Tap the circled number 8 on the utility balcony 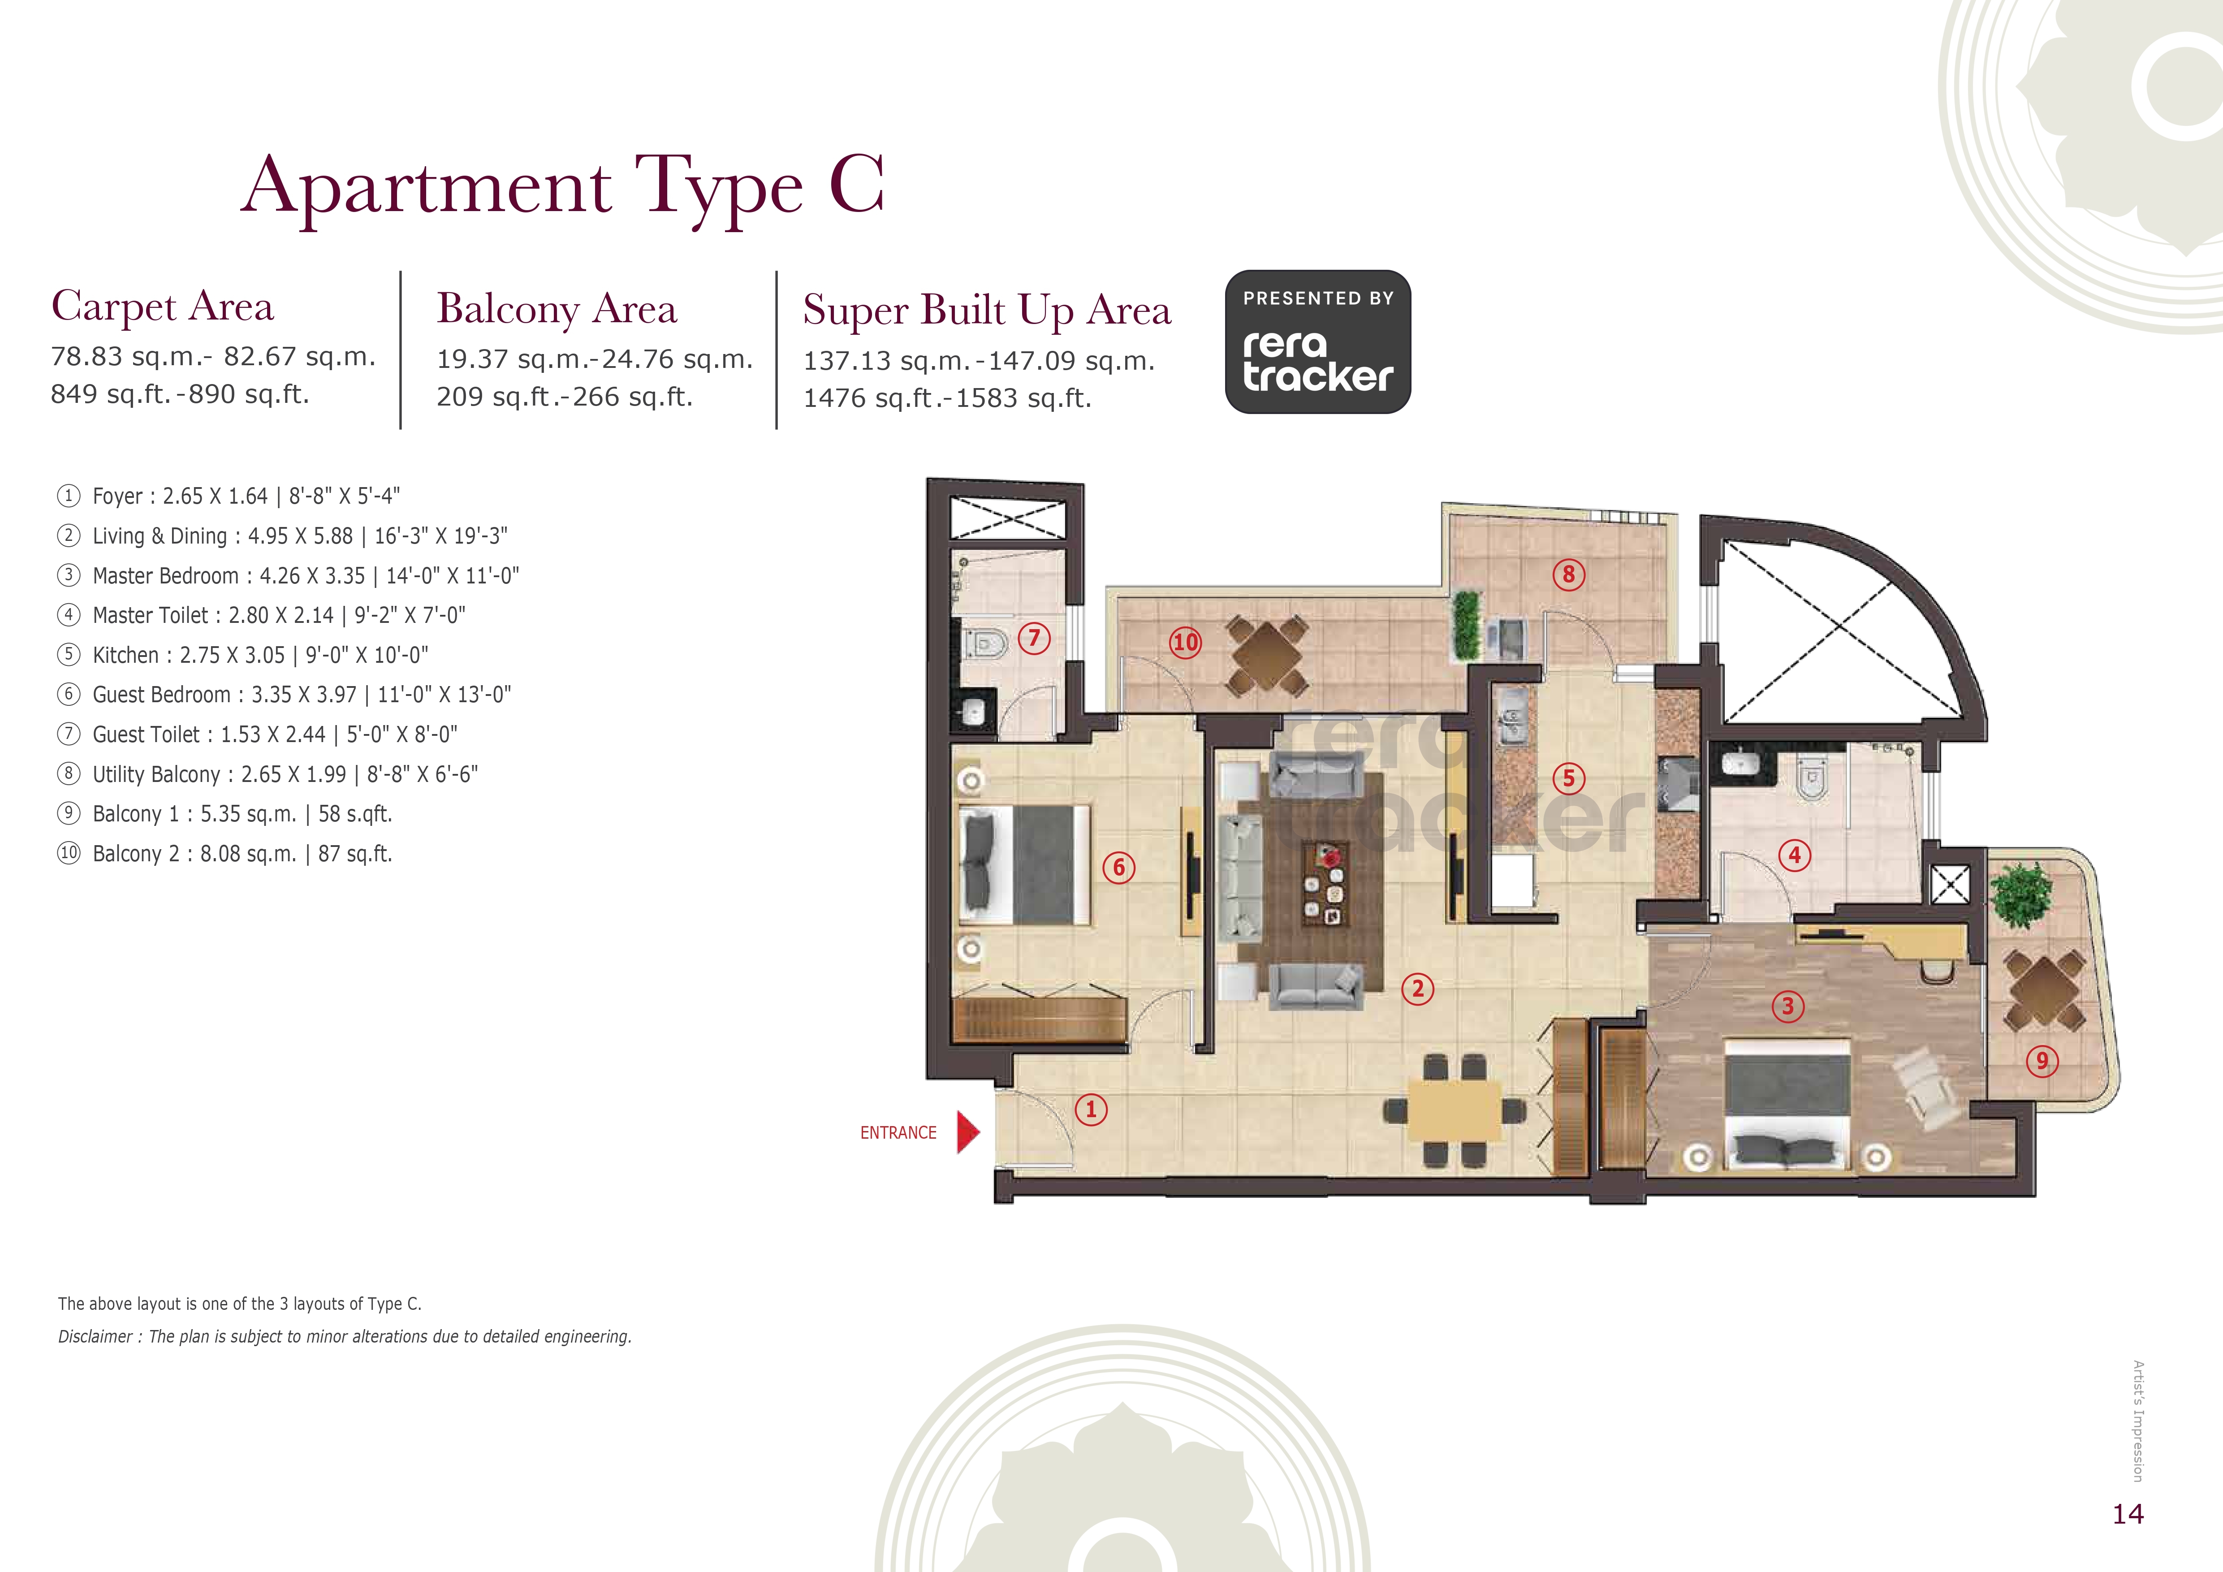[x=1570, y=574]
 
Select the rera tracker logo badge [x=1318, y=342]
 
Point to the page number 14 [x=2128, y=1514]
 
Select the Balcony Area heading [x=557, y=310]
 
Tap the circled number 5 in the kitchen [x=1568, y=778]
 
